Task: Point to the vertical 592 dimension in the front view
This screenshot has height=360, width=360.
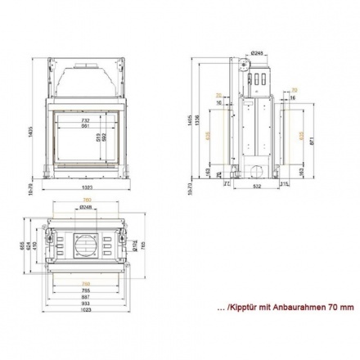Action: tap(104, 138)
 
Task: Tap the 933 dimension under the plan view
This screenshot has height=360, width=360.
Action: tap(85, 301)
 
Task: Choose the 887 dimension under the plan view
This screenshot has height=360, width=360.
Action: tap(85, 295)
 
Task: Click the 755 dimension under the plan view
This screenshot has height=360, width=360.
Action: tap(85, 288)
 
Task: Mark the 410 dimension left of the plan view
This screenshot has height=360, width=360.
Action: tap(34, 244)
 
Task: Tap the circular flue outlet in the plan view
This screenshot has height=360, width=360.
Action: tap(85, 245)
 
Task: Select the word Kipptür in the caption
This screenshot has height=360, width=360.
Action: tap(244, 308)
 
